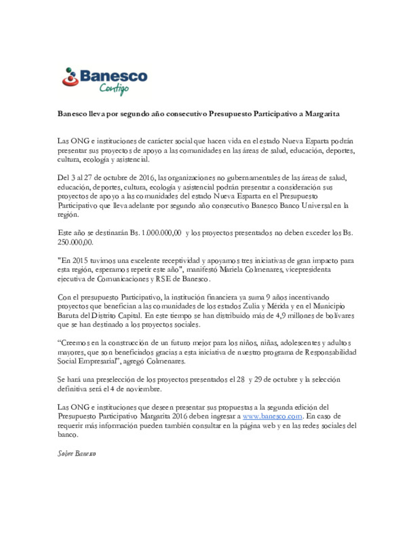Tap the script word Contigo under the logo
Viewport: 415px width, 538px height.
[x=114, y=89]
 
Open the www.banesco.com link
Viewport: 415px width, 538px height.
[x=272, y=416]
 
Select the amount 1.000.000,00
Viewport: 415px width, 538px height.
[x=161, y=233]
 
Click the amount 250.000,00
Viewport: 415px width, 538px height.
[x=75, y=242]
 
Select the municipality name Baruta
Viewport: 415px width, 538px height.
[x=68, y=316]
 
